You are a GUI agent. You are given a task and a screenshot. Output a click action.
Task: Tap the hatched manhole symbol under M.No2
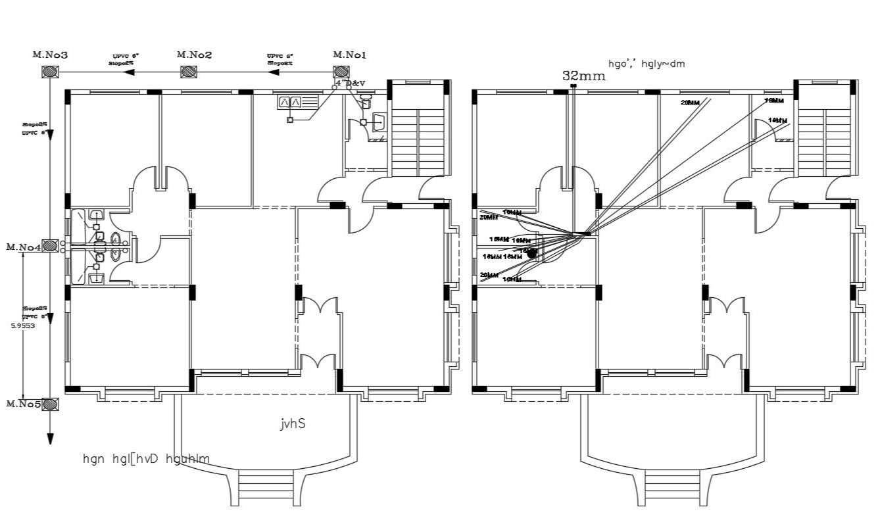[189, 72]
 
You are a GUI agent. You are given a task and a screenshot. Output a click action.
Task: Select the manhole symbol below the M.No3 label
[49, 72]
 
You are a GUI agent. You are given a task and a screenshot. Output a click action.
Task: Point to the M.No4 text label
[24, 247]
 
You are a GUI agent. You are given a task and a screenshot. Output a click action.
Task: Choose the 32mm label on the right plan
[583, 76]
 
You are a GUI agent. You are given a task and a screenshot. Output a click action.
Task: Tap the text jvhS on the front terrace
[293, 424]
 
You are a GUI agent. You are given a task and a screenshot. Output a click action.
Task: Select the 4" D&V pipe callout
[350, 84]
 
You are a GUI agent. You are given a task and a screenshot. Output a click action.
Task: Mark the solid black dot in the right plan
[532, 254]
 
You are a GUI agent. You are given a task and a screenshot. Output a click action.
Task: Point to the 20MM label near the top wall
[690, 103]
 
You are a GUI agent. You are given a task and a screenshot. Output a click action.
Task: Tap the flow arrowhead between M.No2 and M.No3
[130, 72]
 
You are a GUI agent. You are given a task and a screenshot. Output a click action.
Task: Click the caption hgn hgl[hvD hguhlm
[146, 459]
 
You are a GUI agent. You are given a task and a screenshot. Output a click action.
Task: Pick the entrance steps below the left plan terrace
[266, 487]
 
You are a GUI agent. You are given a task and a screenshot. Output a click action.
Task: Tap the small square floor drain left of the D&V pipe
[289, 120]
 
